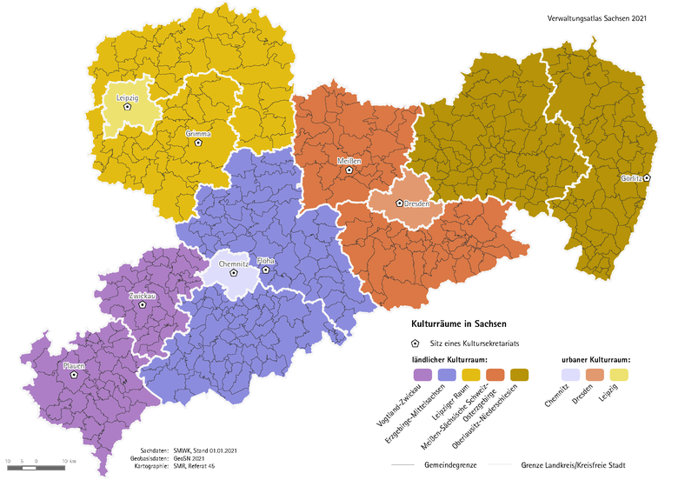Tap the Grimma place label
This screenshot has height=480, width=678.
click(x=198, y=134)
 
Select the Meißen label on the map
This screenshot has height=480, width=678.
click(x=349, y=162)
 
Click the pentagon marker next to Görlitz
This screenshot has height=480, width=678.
click(x=647, y=177)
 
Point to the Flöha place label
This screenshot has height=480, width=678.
click(x=266, y=260)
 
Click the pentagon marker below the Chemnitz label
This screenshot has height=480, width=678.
click(x=233, y=272)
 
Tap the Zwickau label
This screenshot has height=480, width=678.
click(x=142, y=297)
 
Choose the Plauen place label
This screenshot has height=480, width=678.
click(x=74, y=366)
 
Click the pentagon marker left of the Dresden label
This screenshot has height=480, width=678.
click(x=400, y=203)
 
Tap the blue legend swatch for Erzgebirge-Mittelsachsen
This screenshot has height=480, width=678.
click(x=447, y=375)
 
